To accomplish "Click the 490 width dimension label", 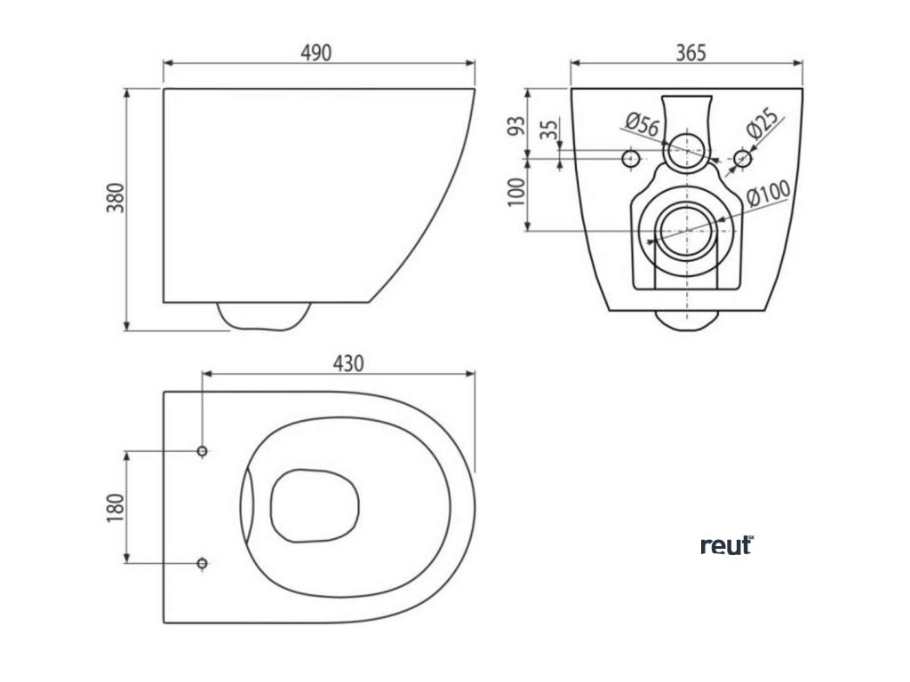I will (x=315, y=52).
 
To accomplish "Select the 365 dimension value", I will (x=690, y=52).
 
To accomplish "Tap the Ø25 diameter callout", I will (x=762, y=125).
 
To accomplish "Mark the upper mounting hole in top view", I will (x=203, y=452).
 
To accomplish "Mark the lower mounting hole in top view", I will (x=203, y=562).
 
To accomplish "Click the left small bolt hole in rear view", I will (x=630, y=158).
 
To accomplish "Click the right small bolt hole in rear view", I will (x=743, y=158).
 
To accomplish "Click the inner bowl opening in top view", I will (x=315, y=504).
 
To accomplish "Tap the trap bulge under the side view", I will (x=264, y=316).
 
